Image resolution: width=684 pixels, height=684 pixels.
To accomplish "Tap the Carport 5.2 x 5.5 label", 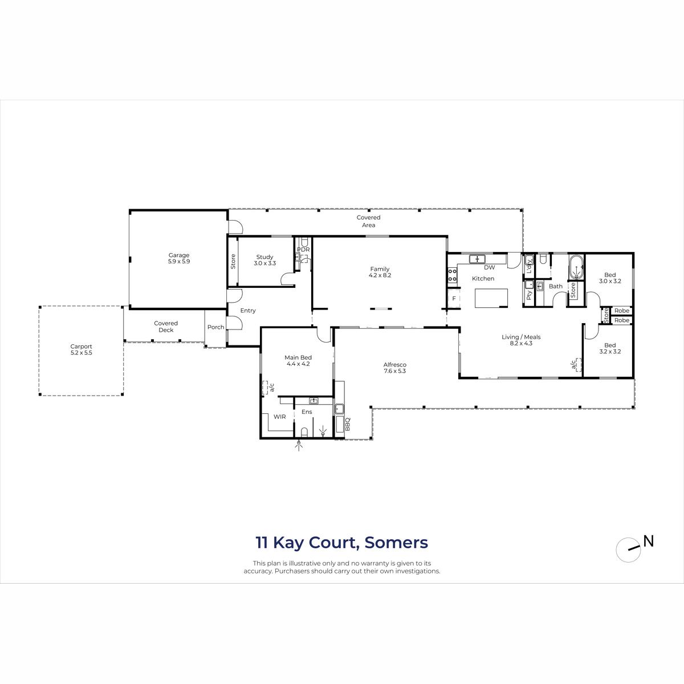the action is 82,349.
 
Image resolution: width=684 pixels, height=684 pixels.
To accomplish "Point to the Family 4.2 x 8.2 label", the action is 380,272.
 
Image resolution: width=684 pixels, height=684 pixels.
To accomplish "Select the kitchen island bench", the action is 491,298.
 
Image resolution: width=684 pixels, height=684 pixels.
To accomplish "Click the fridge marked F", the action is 454,299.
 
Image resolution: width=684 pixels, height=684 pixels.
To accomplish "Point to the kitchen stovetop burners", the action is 452,275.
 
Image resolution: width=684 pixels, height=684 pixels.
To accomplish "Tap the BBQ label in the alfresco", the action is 348,424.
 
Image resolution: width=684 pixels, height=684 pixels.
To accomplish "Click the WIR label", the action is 280,417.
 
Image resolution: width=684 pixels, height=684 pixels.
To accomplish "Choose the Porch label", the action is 216,327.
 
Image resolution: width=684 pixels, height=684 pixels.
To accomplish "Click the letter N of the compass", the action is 649,541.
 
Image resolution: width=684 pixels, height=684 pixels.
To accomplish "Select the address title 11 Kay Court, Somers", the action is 342,543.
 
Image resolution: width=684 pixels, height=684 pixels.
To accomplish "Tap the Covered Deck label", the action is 166,327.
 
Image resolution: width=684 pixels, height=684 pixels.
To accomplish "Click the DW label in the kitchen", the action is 490,267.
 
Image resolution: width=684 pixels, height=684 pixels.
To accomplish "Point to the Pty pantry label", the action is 529,295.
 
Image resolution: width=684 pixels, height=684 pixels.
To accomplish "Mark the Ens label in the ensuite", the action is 307,412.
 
